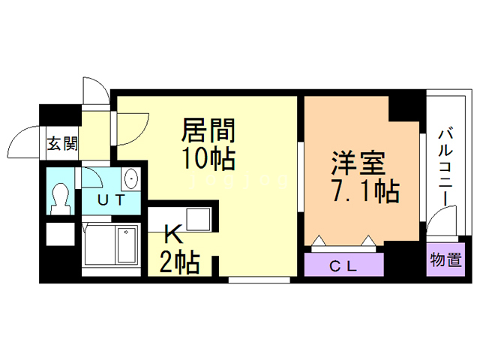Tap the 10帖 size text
tap(208, 158)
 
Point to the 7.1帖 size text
tap(364, 190)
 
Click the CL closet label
tap(343, 265)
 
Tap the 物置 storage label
tap(445, 260)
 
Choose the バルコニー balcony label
tap(445, 165)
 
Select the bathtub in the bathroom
tap(109, 245)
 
